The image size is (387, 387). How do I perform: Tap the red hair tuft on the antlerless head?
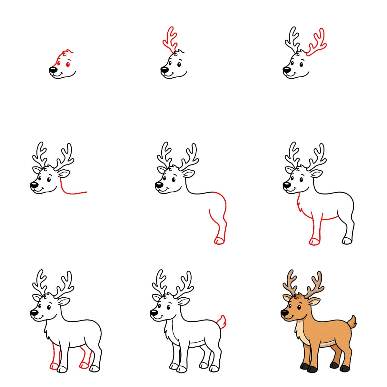point(67,52)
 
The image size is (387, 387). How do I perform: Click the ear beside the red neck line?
point(64,174)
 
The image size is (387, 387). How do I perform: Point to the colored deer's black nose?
point(284,312)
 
